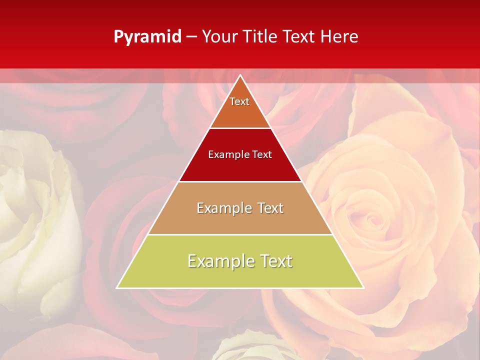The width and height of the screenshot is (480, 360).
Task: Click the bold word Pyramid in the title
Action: (x=147, y=37)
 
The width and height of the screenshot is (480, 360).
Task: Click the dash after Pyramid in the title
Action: (x=191, y=37)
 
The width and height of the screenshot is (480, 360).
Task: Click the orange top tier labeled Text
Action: (x=240, y=107)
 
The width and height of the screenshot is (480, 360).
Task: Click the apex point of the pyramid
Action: (x=240, y=75)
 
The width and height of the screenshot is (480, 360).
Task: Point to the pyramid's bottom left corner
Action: (x=117, y=288)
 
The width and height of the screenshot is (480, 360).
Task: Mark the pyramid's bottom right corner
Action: (x=363, y=288)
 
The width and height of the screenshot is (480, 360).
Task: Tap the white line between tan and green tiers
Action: (x=240, y=234)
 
